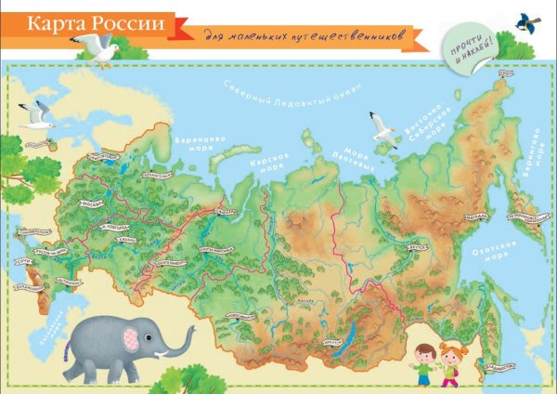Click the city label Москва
coord(94,202)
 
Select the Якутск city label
coord(419,248)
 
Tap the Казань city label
coord(128,239)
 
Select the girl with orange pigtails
coord(451,363)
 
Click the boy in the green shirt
coord(423,365)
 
